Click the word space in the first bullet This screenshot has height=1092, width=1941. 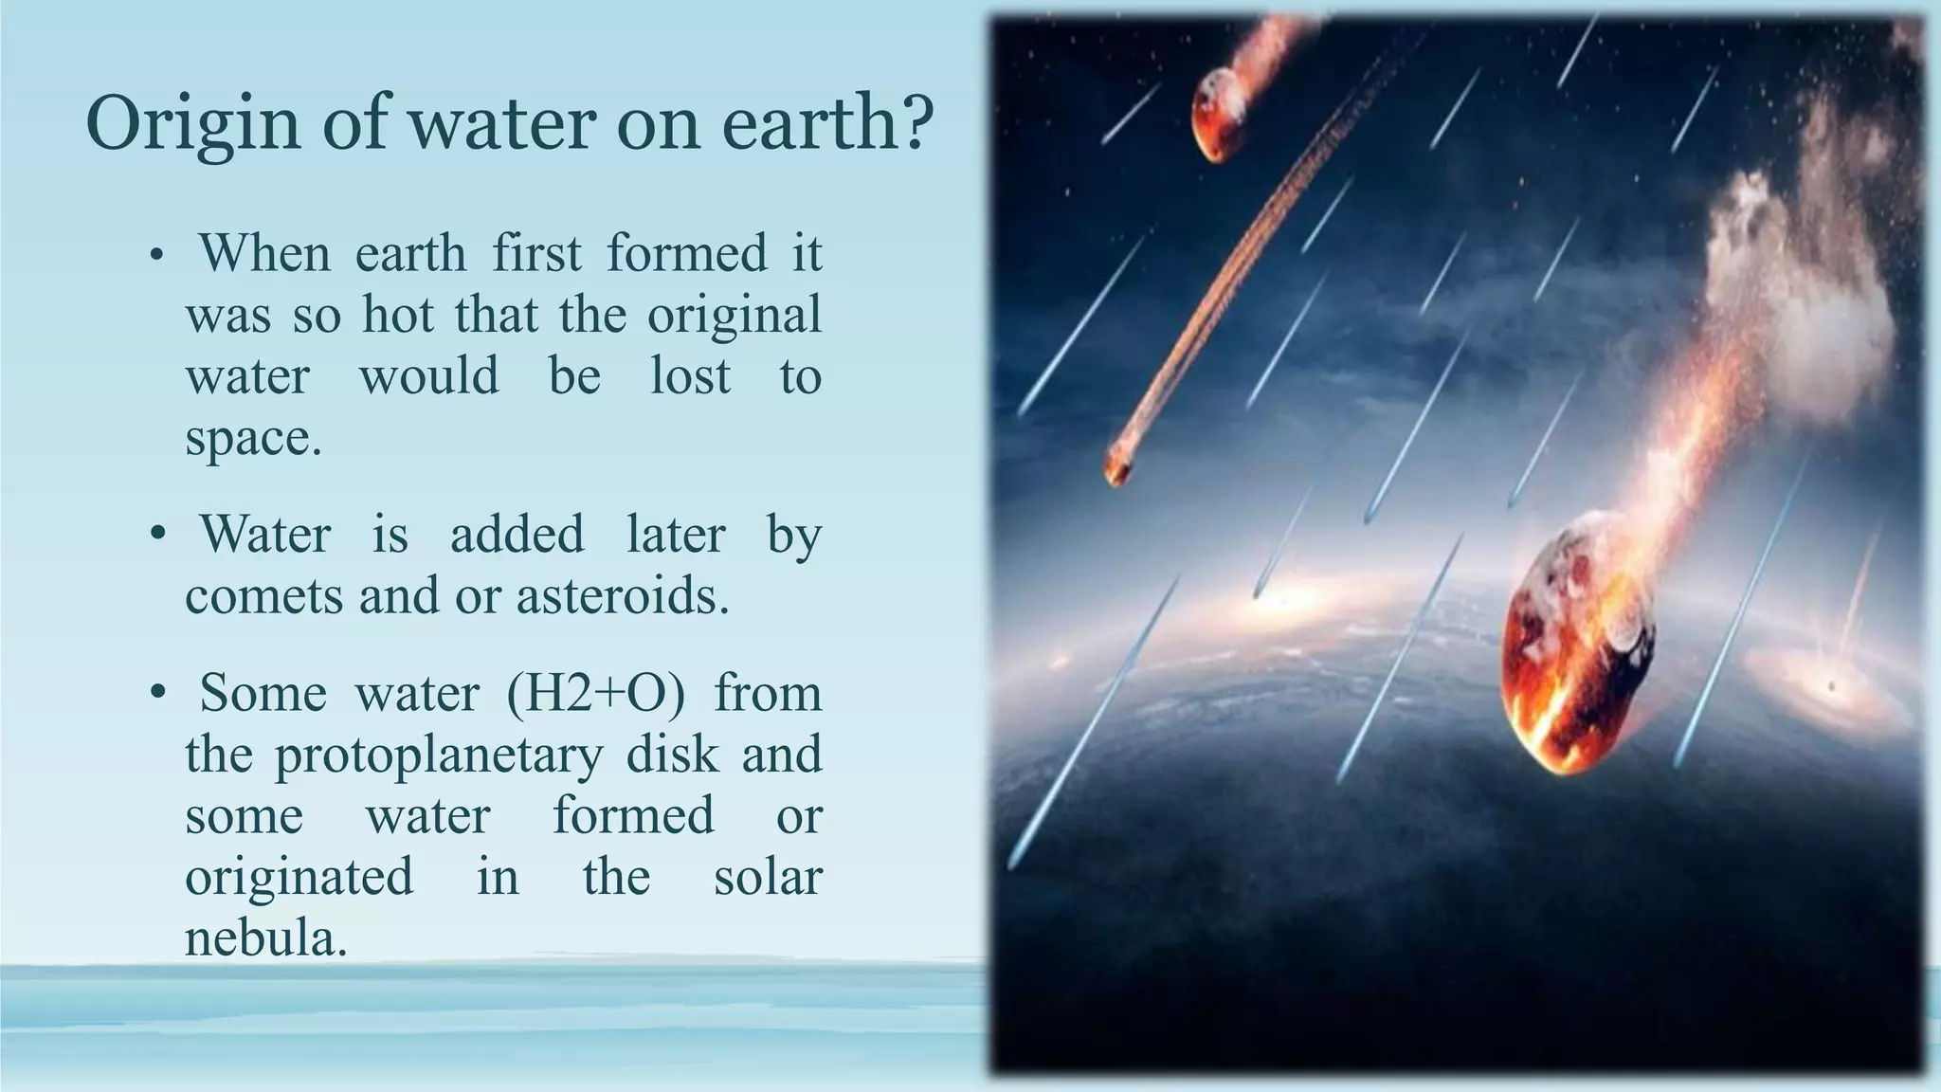click(x=252, y=439)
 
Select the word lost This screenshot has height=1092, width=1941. click(x=690, y=376)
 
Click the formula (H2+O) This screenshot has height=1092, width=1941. click(x=595, y=694)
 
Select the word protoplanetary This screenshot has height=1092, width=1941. click(x=439, y=756)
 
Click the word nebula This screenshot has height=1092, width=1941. click(x=264, y=938)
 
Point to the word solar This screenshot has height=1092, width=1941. click(x=767, y=877)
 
